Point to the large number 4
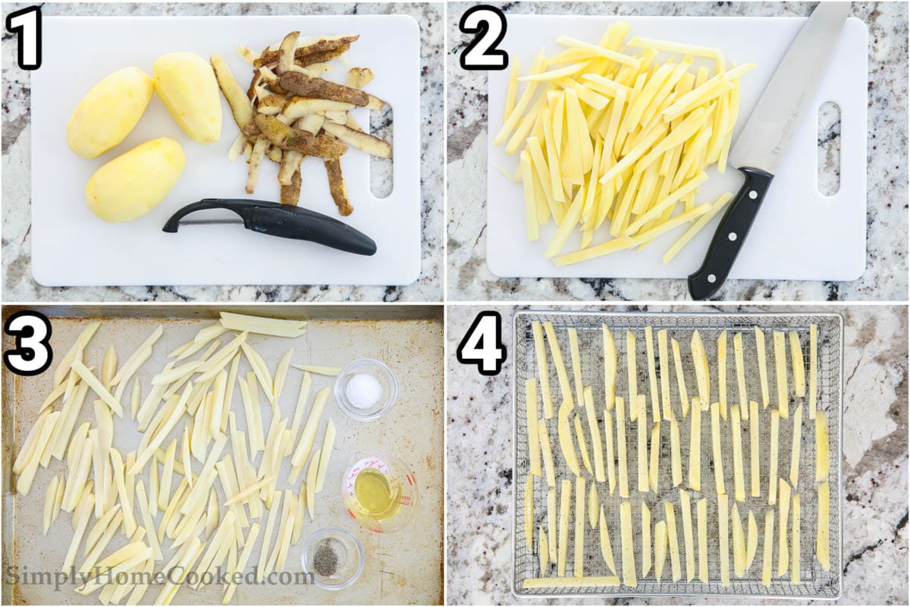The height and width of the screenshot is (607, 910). pyautogui.click(x=482, y=344)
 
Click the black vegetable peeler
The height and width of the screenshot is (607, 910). pyautogui.click(x=270, y=225)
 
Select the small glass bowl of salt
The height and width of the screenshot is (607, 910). pyautogui.click(x=366, y=389)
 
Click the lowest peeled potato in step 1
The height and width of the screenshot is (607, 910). pyautogui.click(x=135, y=180)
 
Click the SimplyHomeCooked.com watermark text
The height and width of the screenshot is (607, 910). pyautogui.click(x=160, y=577)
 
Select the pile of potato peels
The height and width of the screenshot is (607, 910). pyautogui.click(x=309, y=118)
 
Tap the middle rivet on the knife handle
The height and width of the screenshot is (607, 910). pyautogui.click(x=731, y=236)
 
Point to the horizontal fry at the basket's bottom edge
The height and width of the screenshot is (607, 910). pyautogui.click(x=570, y=582)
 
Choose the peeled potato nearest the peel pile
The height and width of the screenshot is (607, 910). pyautogui.click(x=188, y=98)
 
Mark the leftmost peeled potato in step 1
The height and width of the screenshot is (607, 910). pyautogui.click(x=110, y=112)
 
